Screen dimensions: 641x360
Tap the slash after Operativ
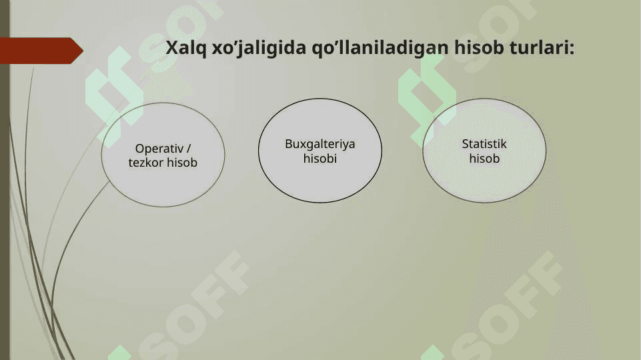pos(189,148)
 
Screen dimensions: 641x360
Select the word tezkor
pos(146,163)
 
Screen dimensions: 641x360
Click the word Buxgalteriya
pos(320,144)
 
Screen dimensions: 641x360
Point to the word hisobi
pos(320,158)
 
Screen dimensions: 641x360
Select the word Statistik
pos(484,144)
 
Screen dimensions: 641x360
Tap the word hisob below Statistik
pos(484,158)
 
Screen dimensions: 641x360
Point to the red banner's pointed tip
pos(83,51)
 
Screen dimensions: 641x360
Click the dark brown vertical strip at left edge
pos(5,180)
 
